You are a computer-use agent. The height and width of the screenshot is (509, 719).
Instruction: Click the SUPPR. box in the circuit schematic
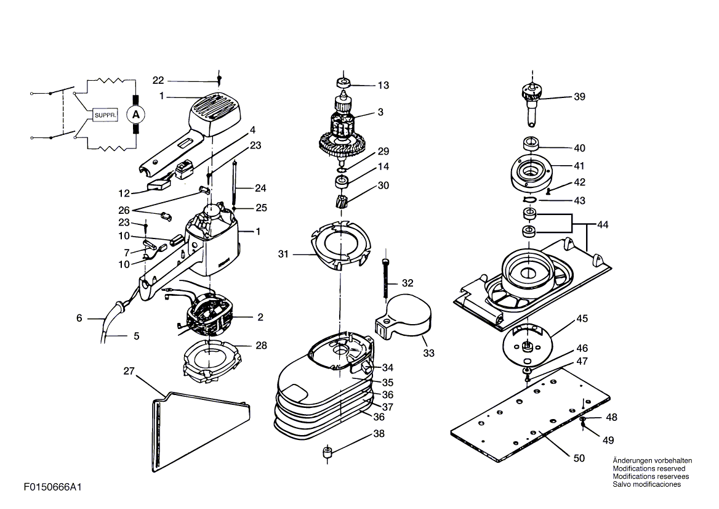point(105,115)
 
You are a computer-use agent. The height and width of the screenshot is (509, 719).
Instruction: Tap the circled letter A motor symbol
point(135,114)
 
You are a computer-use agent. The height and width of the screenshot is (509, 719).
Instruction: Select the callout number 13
point(384,86)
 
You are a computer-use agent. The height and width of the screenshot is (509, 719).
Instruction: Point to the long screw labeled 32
point(386,278)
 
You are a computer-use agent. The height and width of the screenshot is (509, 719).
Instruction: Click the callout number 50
point(579,458)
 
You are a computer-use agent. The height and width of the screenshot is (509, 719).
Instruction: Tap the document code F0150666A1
point(53,487)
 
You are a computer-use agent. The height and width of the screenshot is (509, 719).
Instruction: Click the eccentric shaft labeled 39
point(531,104)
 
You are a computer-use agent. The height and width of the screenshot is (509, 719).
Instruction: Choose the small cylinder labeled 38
point(327,452)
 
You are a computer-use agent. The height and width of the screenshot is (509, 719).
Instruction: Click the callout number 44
point(603,225)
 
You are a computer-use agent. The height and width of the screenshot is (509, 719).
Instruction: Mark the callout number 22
point(158,81)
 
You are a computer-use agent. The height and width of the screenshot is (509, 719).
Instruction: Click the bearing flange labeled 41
point(531,174)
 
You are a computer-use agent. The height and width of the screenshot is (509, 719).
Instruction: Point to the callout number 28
point(261,346)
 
